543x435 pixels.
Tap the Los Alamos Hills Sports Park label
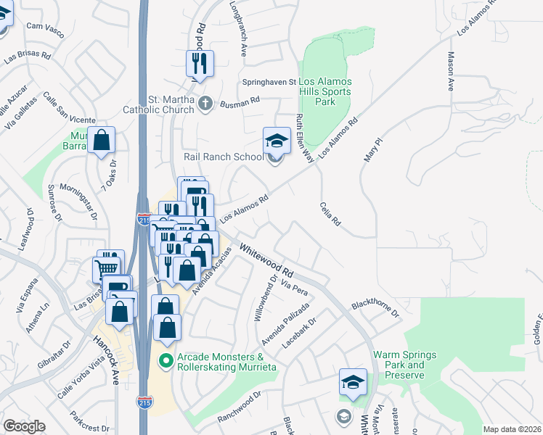point(324,92)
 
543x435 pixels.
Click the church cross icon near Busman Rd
point(205,104)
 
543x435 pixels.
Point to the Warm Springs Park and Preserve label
point(404,365)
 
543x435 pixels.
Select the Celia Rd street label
point(330,215)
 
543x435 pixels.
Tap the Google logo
point(24,426)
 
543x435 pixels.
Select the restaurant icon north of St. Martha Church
point(197,64)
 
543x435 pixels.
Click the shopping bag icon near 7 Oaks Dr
point(102,140)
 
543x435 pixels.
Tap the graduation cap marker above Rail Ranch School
point(276,140)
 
